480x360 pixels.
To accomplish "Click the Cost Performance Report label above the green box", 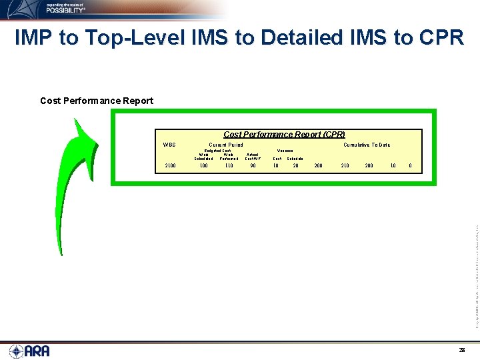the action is click(97, 101).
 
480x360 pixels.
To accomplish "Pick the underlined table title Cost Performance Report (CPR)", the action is click(284, 135).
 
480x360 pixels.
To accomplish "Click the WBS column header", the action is click(170, 145).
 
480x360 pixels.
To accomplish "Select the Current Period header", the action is click(226, 145).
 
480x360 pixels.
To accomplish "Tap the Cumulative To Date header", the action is click(367, 145).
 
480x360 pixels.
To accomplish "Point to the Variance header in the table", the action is click(285, 151).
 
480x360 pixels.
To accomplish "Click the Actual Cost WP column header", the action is click(253, 156).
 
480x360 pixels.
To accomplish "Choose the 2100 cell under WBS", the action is click(170, 165).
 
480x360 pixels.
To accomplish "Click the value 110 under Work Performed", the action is click(229, 165).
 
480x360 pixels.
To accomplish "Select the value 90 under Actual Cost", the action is click(253, 165).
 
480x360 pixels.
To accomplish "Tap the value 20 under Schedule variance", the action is click(295, 165).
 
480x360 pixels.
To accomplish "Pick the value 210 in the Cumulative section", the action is click(345, 165).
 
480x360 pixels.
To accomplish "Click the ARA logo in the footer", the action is click(29, 350).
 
